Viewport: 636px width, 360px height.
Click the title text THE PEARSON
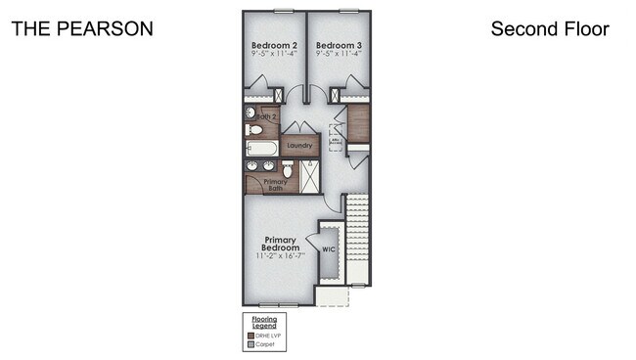(82, 28)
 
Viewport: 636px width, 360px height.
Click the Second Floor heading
(550, 28)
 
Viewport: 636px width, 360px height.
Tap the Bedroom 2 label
(274, 46)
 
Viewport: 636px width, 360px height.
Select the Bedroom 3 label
(339, 46)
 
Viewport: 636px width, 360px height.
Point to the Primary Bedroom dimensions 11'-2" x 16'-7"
(280, 256)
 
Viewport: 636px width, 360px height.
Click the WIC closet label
(330, 248)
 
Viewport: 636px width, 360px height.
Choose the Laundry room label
(299, 146)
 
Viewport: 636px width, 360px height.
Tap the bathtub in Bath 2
(263, 149)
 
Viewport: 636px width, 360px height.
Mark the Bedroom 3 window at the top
(348, 11)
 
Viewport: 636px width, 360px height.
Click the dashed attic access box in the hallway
(335, 139)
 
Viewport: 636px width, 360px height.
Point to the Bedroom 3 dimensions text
(339, 56)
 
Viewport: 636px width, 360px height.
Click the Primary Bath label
(275, 185)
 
